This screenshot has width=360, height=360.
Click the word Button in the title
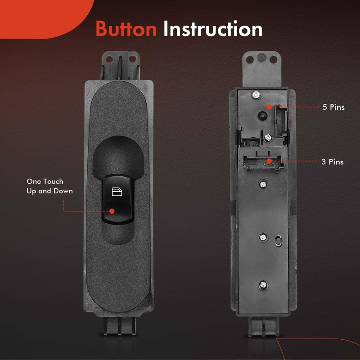pyautogui.click(x=126, y=29)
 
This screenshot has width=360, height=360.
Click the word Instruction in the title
pyautogui.click(x=213, y=29)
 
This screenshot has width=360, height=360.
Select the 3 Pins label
pyautogui.click(x=333, y=162)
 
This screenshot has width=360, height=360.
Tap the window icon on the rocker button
pyautogui.click(x=115, y=193)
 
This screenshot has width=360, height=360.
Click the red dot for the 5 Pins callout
pyautogui.click(x=269, y=107)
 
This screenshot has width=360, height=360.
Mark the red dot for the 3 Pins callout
pyautogui.click(x=269, y=161)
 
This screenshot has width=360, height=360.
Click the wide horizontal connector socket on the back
pyautogui.click(x=261, y=162)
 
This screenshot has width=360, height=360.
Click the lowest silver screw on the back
pyautogui.click(x=261, y=284)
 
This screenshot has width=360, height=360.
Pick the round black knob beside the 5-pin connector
pyautogui.click(x=261, y=116)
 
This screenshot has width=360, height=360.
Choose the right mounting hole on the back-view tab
pyautogui.click(x=271, y=58)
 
